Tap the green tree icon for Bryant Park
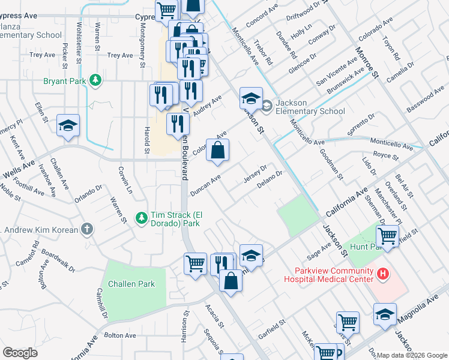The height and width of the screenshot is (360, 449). [x=94, y=80]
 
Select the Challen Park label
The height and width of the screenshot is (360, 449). [x=131, y=284]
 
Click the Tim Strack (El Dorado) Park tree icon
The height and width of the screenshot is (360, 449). [x=141, y=217]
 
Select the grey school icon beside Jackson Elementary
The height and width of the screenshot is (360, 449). [x=267, y=106]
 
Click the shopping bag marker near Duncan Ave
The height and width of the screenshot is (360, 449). [x=218, y=151]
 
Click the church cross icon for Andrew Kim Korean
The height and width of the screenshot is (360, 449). [x=87, y=229]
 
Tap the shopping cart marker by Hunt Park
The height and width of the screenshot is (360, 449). [x=388, y=235]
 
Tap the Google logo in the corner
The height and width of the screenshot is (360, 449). [x=20, y=353]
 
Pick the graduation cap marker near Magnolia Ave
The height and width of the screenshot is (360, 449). [x=385, y=314]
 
